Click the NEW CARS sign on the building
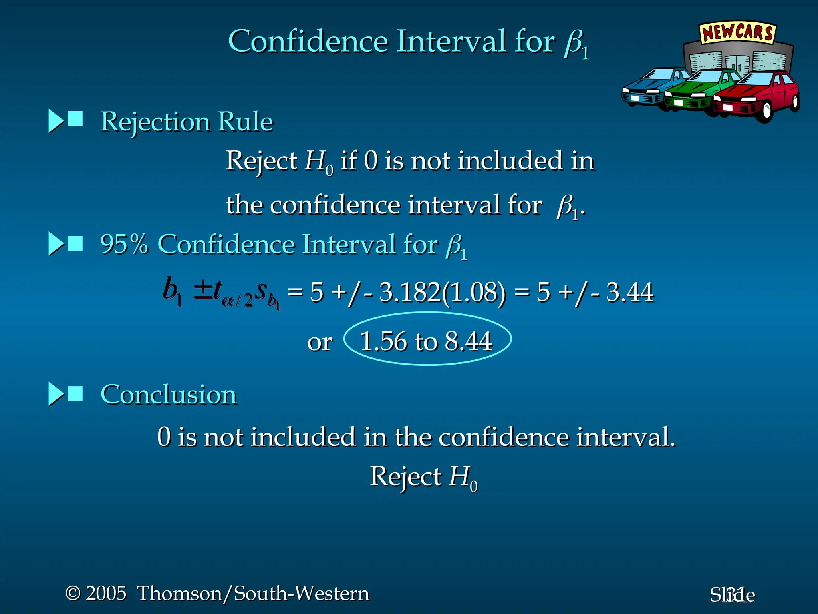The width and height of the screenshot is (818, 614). [x=737, y=32]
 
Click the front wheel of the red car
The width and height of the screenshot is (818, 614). [x=766, y=112]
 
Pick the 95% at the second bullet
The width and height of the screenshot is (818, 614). [x=124, y=244]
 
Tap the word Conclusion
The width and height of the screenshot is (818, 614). [x=169, y=395]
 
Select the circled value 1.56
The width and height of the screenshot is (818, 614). [x=383, y=342]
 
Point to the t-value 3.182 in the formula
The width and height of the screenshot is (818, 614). [x=409, y=292]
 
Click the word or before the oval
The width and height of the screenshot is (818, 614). [x=320, y=343]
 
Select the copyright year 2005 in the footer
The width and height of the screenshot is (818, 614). [x=106, y=593]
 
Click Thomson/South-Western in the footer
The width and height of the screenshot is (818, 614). [x=253, y=593]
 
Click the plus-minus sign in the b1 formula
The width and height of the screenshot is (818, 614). [x=203, y=291]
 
